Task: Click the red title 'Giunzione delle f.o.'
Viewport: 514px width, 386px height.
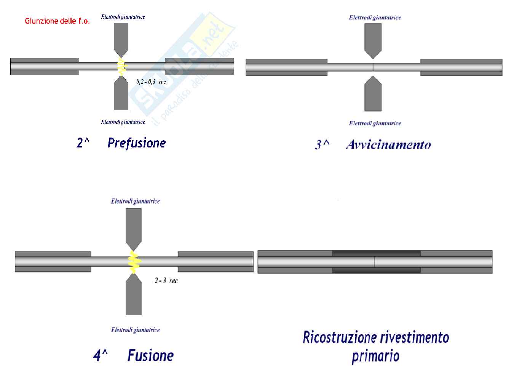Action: coord(57,21)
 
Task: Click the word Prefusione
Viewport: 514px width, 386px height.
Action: coord(136,143)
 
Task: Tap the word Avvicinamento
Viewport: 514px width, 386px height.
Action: coord(388,145)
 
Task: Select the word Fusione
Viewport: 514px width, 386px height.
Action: coord(150,356)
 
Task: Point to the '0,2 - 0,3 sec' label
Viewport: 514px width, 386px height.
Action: coord(151,82)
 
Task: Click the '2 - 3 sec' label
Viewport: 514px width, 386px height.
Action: coord(166,281)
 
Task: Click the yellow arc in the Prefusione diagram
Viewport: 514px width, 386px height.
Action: coord(121,67)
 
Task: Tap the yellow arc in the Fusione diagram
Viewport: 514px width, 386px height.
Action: coord(134,262)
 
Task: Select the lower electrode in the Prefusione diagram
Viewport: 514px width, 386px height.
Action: coord(121,94)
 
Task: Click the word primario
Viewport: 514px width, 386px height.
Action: coord(375,356)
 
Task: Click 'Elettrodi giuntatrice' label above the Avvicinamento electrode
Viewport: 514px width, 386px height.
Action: coord(375,18)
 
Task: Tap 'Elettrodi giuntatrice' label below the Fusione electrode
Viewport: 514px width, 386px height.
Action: coord(135,330)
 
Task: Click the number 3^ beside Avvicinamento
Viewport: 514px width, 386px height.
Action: coord(322,145)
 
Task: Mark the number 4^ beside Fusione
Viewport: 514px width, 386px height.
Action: coord(100,356)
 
